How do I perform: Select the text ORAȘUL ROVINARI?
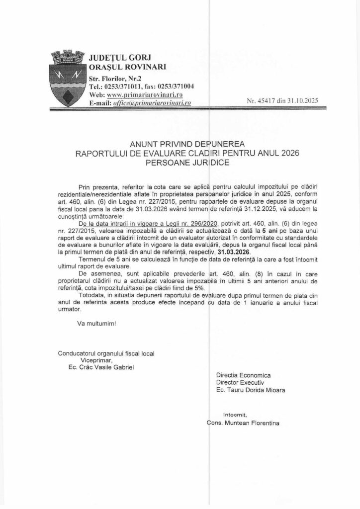click(x=127, y=67)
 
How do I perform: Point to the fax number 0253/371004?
click(x=172, y=86)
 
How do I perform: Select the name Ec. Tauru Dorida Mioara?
click(x=251, y=390)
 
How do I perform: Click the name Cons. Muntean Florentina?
click(x=244, y=424)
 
